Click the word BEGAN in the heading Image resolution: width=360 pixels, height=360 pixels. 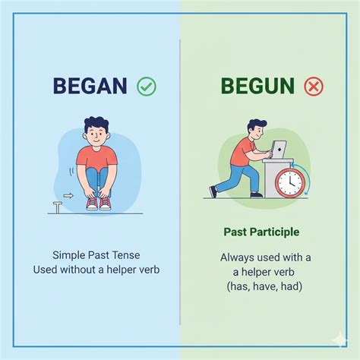click(x=90, y=86)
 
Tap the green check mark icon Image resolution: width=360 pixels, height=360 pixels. click(x=147, y=86)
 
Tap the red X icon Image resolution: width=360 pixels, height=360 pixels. click(x=313, y=87)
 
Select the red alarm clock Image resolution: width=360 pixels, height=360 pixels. click(x=289, y=182)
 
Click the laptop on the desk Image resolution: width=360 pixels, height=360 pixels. click(x=279, y=149)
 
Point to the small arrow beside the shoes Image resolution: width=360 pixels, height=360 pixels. click(x=68, y=195)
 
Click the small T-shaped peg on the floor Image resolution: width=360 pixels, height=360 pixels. click(x=56, y=207)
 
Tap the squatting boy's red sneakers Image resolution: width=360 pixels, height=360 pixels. click(x=98, y=203)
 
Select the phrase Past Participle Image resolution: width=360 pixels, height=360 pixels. click(x=261, y=231)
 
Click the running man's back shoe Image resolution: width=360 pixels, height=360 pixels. click(x=213, y=191)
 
